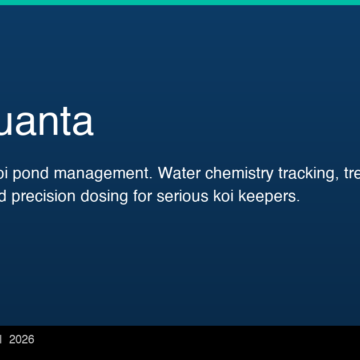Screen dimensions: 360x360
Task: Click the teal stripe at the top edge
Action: click(x=180, y=2)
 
